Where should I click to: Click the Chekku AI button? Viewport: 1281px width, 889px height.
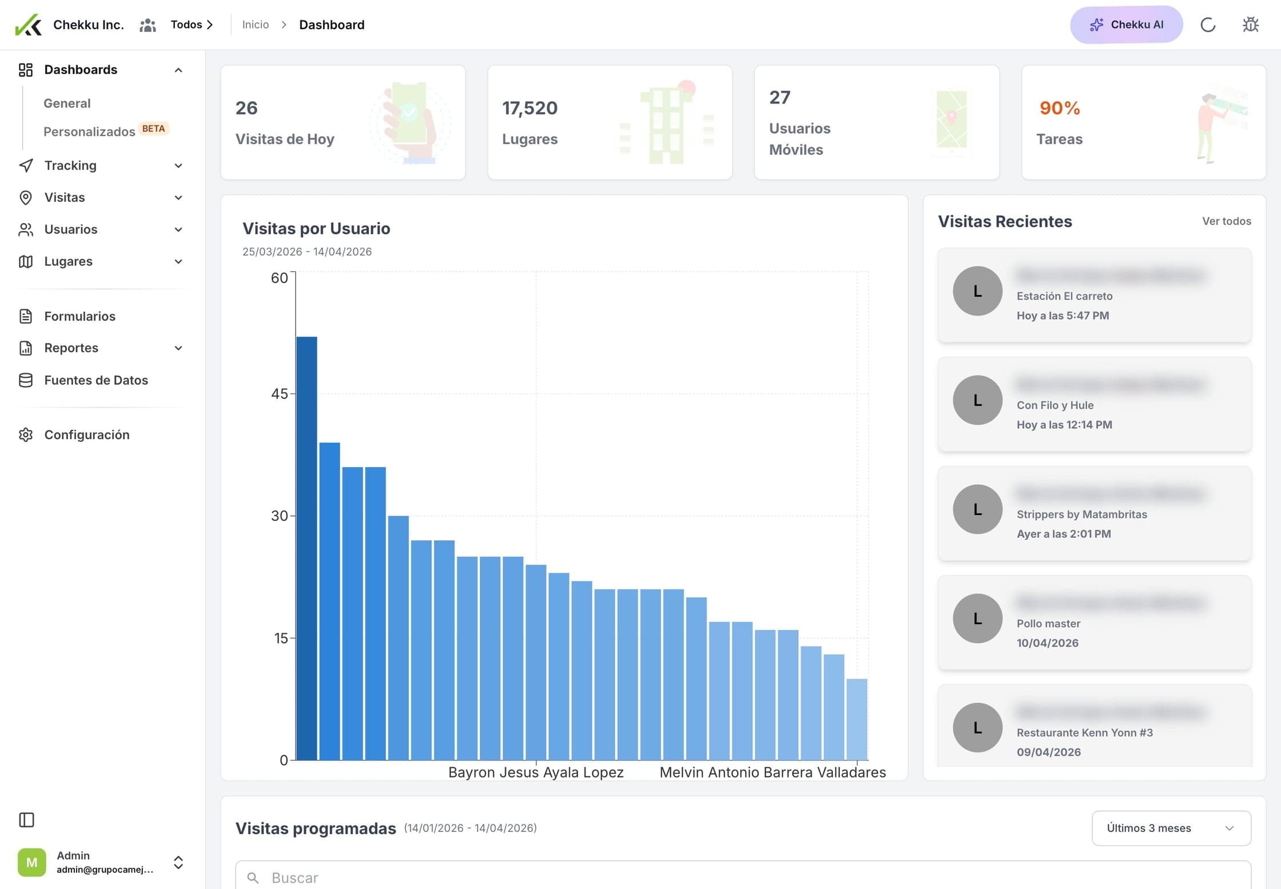[x=1126, y=25]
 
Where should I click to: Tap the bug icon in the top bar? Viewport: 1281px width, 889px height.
[x=1251, y=25]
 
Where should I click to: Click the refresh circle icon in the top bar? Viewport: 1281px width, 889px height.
[x=1208, y=25]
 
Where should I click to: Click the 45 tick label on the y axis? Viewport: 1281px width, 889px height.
[x=279, y=394]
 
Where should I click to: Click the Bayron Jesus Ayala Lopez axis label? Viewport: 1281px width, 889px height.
[x=536, y=772]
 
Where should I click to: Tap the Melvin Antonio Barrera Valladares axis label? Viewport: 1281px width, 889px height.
[x=773, y=772]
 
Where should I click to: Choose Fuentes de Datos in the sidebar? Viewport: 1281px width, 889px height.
[x=96, y=380]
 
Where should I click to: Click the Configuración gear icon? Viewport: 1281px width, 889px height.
[x=26, y=435]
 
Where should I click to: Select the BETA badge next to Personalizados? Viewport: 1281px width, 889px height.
[x=153, y=129]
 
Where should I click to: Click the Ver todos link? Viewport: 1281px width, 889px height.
[x=1226, y=221]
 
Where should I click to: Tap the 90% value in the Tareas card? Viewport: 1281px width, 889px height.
[x=1060, y=108]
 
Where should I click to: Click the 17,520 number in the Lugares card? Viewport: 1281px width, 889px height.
[x=530, y=108]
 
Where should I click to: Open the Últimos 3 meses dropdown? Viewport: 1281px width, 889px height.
[x=1171, y=828]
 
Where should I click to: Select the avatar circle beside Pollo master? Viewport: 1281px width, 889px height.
[x=977, y=618]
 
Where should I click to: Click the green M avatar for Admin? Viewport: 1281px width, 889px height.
[x=31, y=862]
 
